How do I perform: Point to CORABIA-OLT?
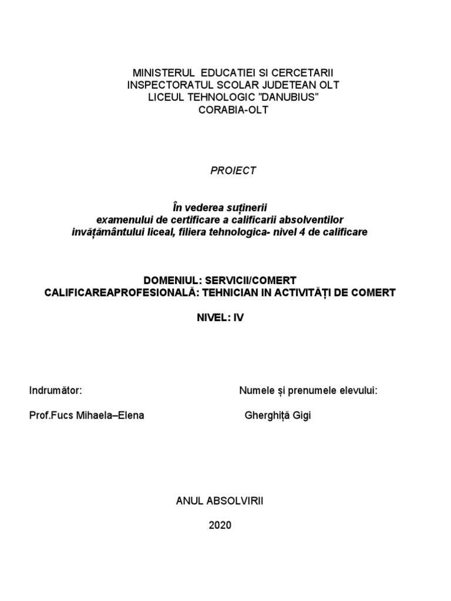pos(225,109)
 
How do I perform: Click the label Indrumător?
pos(55,391)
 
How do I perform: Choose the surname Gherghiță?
pos(267,416)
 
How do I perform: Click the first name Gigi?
pos(303,416)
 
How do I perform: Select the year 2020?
pos(220,525)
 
